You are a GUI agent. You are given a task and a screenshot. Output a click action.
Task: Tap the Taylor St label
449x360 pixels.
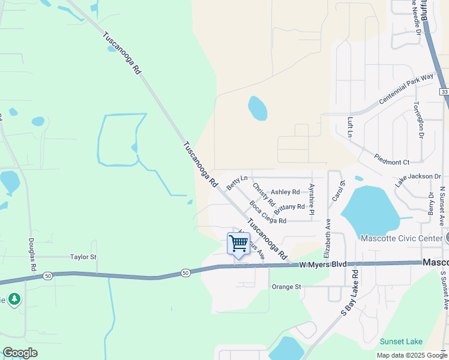pos(83,257)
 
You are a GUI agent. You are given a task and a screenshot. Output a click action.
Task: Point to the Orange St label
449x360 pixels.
pos(286,287)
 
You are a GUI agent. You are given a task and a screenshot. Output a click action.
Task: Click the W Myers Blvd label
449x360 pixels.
pos(324,264)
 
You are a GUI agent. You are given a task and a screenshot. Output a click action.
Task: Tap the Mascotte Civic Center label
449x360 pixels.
pos(401,238)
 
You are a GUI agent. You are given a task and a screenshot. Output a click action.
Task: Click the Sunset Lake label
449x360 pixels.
pos(401,341)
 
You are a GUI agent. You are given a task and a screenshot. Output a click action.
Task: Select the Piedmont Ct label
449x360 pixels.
pos(391,162)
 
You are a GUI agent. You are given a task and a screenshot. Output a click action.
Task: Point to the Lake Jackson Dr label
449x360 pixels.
pos(418,178)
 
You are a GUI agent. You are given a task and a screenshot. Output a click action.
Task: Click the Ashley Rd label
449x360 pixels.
pos(285,192)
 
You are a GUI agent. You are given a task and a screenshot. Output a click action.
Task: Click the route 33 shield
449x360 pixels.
pos(444,91)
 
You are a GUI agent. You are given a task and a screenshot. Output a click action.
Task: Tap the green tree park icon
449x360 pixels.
pos(14,299)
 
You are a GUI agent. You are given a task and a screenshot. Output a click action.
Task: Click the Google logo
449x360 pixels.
pos(20,353)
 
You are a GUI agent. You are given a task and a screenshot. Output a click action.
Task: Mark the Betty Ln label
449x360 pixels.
pos(237,182)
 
